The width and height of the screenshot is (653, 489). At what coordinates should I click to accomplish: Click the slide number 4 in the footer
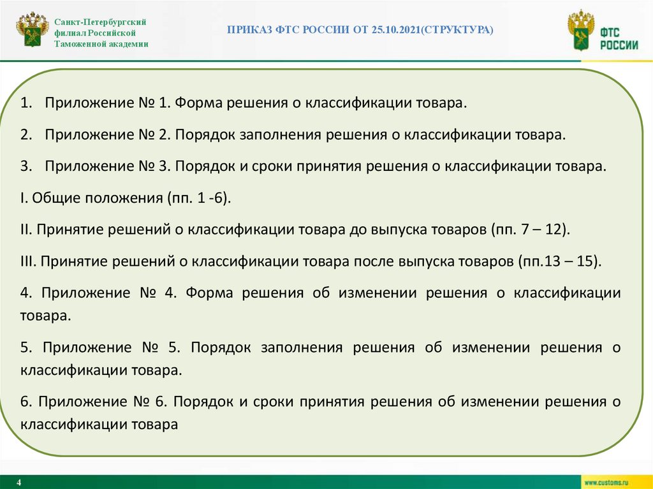[19, 482]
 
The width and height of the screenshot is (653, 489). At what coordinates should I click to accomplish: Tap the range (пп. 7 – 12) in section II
[531, 230]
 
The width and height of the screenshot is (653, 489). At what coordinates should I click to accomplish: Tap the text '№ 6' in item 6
[149, 402]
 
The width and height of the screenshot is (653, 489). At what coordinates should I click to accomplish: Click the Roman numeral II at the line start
[26, 230]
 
